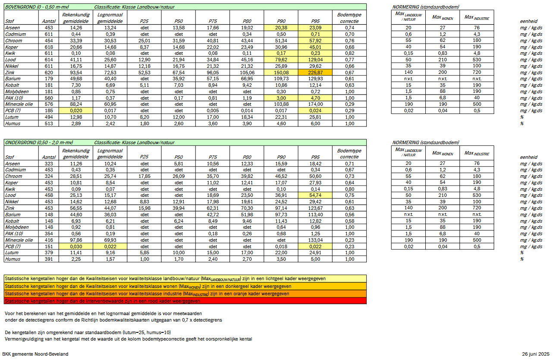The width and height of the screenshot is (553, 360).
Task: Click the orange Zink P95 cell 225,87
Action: pos(315,72)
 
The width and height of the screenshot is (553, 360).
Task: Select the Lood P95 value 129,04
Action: pos(315,60)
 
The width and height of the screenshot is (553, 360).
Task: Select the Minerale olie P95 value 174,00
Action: pos(315,104)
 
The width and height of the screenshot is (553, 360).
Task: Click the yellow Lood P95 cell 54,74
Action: pos(315,195)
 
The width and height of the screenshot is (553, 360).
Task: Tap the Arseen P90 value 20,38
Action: pos(281,28)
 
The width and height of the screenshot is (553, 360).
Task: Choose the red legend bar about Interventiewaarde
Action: pos(185,301)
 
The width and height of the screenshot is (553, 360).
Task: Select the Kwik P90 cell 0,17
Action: pos(281,53)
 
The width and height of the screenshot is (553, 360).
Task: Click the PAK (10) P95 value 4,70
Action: pos(315,98)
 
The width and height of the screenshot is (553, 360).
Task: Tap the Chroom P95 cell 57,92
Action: pos(315,41)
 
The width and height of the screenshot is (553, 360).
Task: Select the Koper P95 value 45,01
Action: pos(315,47)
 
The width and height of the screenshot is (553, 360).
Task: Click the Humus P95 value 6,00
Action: pos(315,123)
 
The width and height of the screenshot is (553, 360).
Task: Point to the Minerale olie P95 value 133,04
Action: pos(315,240)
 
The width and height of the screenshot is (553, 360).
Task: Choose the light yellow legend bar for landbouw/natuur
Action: pos(185,279)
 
